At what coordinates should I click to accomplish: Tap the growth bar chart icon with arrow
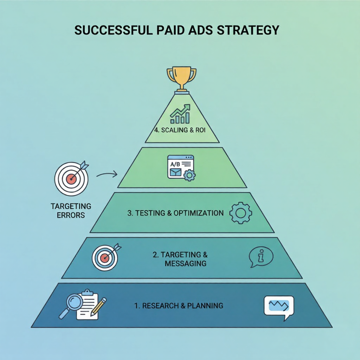[x=180, y=114]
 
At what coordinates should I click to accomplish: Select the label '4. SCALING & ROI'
[x=180, y=130]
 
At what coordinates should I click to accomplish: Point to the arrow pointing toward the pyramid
[x=107, y=174]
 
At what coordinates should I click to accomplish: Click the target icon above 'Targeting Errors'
[x=72, y=178]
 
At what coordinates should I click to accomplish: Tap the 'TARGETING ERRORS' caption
[x=71, y=211]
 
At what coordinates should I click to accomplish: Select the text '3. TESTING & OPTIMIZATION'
[x=175, y=213]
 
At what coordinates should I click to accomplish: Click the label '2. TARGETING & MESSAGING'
[x=180, y=259]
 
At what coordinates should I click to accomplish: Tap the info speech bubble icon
[x=261, y=257]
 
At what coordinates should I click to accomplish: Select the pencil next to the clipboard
[x=98, y=307]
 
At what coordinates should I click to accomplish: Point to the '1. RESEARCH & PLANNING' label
[x=179, y=306]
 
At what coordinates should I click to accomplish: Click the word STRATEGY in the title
[x=248, y=30]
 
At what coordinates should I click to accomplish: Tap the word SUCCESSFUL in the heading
[x=114, y=30]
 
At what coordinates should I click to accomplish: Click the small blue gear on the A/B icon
[x=189, y=175]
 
